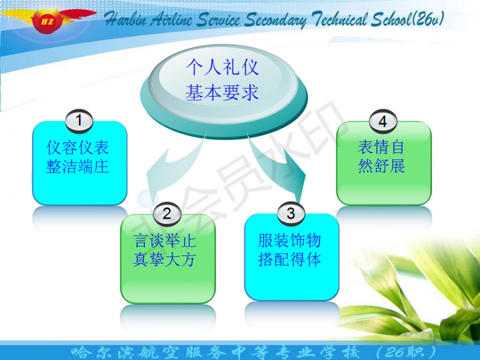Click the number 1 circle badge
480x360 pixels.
click(79, 121)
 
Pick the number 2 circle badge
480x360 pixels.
click(167, 213)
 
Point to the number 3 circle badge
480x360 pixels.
click(291, 213)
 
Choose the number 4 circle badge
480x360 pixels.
click(383, 121)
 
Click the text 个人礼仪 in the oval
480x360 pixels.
click(222, 67)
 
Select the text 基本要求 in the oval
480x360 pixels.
click(222, 92)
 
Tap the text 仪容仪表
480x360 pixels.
click(78, 147)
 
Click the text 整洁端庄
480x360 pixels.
click(78, 167)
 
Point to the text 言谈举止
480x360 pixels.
click(165, 241)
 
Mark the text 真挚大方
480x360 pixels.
click(164, 260)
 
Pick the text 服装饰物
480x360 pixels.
click(290, 241)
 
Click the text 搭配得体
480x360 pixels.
click(290, 259)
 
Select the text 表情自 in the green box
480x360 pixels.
click(381, 147)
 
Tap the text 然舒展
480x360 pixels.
click(381, 166)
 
